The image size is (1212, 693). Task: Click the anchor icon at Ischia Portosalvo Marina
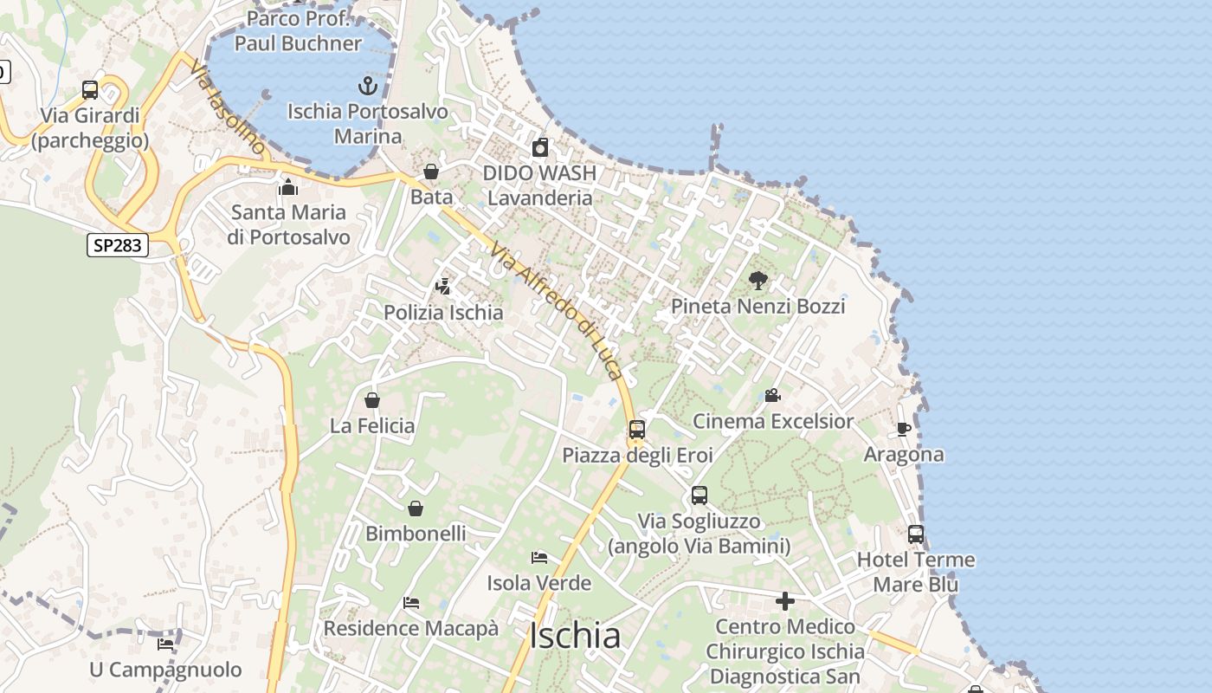[x=369, y=86]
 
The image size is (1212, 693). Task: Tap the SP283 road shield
[x=118, y=245]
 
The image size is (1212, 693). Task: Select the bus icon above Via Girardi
[x=90, y=89]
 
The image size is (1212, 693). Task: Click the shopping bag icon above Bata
[x=431, y=172]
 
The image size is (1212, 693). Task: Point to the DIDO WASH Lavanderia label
[x=539, y=185]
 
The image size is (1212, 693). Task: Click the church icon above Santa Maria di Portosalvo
[x=288, y=187]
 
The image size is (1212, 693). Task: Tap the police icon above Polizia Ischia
[x=443, y=287]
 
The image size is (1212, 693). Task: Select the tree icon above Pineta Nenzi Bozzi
[x=758, y=281]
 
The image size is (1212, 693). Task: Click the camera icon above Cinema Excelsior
[x=772, y=396]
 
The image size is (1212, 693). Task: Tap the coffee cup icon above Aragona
[x=904, y=429]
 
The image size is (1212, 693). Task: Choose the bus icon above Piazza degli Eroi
[x=637, y=429]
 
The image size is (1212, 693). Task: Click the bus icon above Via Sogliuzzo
[x=699, y=495]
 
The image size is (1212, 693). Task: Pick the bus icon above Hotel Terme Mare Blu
[x=916, y=534]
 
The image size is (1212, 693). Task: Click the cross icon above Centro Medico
[x=785, y=601]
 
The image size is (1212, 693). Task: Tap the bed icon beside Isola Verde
[x=539, y=558]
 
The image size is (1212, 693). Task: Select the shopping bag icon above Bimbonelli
[x=416, y=508]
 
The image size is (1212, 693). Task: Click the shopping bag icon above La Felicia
[x=372, y=400]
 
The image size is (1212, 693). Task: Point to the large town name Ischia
[x=575, y=636]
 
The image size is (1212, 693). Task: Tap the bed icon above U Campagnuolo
[x=165, y=644]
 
